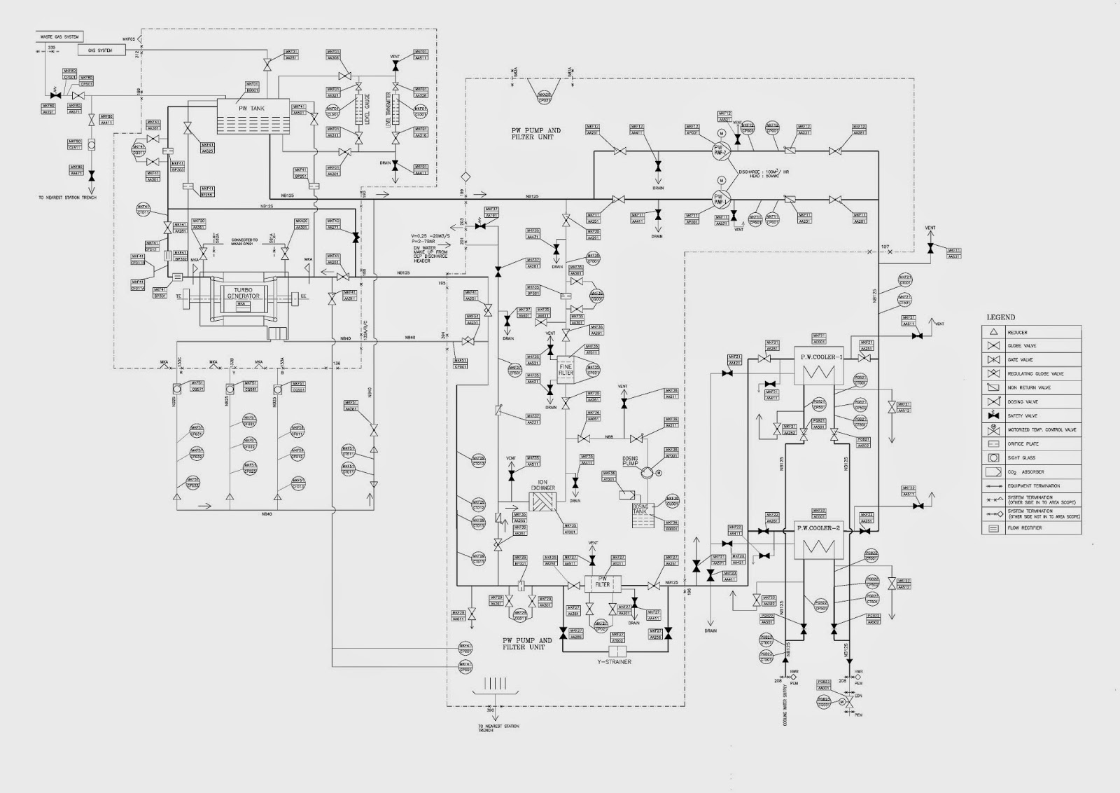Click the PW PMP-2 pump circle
721,150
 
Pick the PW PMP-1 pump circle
721,200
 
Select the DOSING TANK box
642,509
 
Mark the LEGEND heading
1000,318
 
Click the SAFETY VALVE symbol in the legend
993,416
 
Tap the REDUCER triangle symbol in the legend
993,332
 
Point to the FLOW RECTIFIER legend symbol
993,528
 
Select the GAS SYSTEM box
99,50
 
